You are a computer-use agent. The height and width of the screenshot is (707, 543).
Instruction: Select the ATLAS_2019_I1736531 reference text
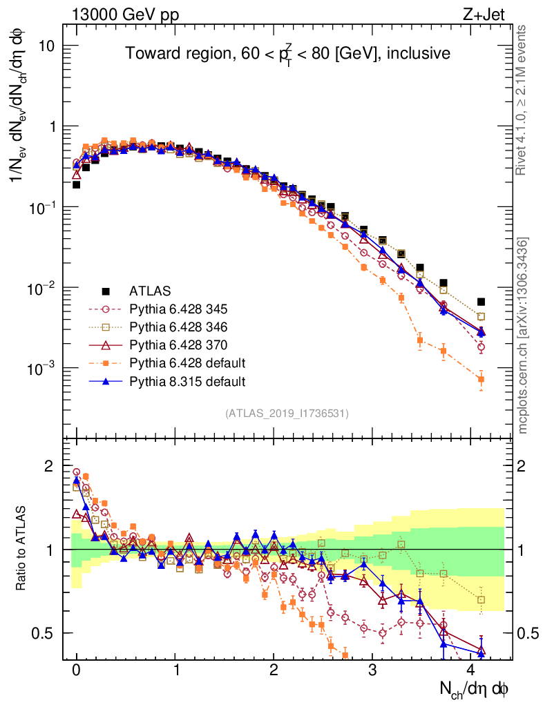pyautogui.click(x=287, y=414)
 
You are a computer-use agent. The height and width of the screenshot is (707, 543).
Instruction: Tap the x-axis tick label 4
pyautogui.click(x=471, y=670)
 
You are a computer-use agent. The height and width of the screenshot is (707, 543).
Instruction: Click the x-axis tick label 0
pyautogui.click(x=76, y=670)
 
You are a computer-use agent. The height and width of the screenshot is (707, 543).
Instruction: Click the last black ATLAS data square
pyautogui.click(x=481, y=302)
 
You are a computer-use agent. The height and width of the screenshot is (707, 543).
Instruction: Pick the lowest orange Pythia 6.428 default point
pyautogui.click(x=481, y=379)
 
